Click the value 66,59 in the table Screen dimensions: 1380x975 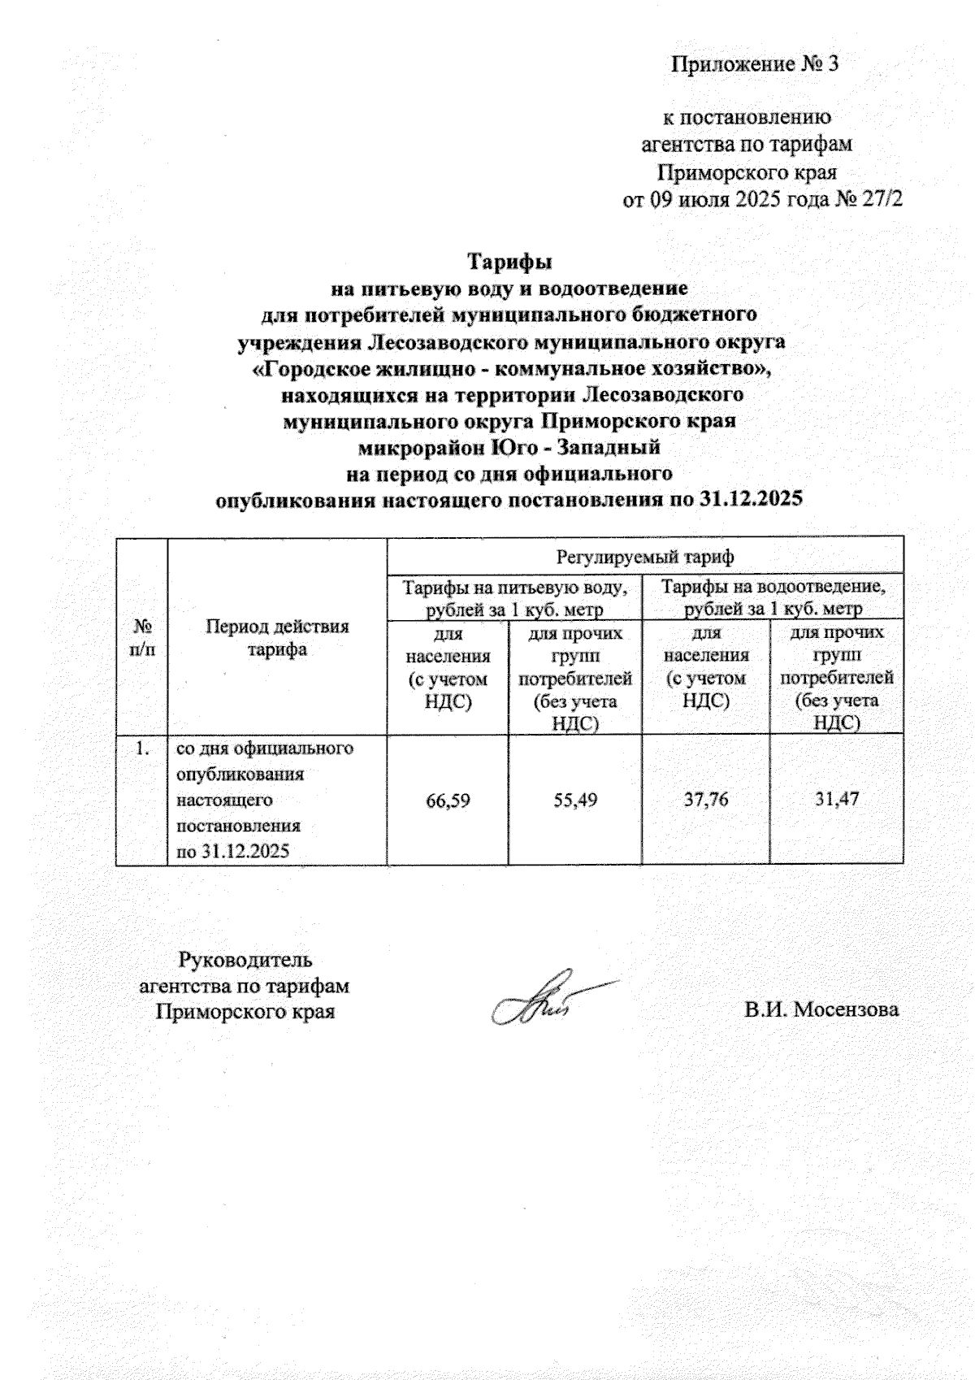448,801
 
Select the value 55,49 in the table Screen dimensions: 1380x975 574,801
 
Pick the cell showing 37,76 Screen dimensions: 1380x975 705,800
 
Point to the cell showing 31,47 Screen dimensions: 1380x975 837,800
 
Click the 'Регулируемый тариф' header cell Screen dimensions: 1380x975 644,558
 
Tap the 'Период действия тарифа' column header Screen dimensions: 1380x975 277,637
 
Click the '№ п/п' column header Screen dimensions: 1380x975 143,637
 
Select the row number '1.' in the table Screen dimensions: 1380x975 143,749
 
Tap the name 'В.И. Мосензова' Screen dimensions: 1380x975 821,1010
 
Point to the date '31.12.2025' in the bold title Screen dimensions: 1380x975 750,499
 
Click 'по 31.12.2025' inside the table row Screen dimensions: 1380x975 233,852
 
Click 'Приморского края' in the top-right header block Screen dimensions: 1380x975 747,173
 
